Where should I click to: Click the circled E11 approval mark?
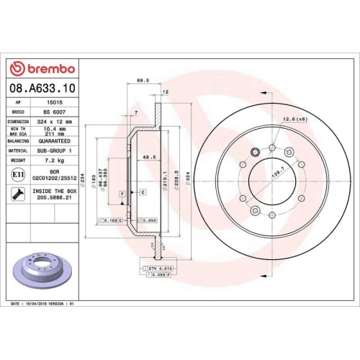pos(17,175)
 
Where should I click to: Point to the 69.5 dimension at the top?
pos(142,82)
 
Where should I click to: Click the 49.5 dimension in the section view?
pos(130,157)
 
